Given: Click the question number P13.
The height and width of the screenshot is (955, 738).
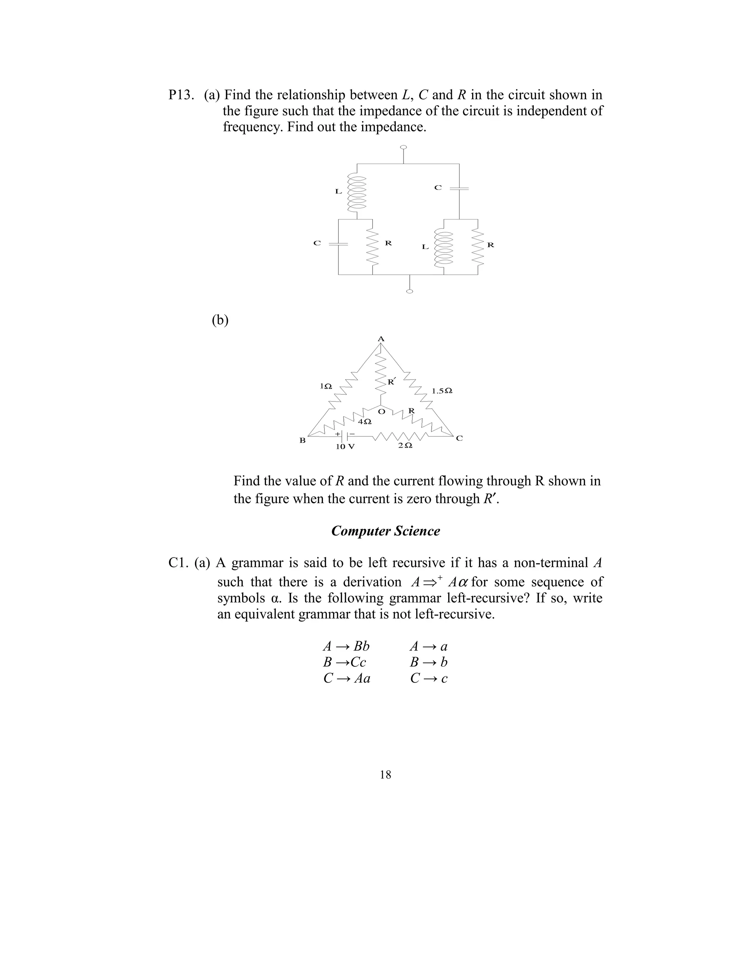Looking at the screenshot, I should [181, 95].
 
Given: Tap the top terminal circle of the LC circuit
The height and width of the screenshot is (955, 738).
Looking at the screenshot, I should [404, 147].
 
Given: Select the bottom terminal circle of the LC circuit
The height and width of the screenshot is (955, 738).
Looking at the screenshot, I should [409, 291].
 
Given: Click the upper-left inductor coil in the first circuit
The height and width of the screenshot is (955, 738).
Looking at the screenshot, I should [357, 193].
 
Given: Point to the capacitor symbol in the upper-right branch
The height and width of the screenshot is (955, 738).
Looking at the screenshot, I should [459, 189].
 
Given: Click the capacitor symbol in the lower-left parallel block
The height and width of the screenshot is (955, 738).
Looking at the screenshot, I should [338, 244].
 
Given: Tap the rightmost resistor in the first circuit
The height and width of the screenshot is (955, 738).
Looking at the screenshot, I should [478, 247].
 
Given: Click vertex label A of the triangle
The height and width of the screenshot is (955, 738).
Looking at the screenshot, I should [381, 339].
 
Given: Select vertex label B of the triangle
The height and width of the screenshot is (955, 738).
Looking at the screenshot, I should [302, 440].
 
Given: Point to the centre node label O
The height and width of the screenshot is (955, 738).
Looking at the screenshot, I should [381, 412].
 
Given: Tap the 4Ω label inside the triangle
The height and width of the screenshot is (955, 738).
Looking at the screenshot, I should [365, 422].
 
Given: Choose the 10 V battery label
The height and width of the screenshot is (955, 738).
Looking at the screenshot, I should [345, 447].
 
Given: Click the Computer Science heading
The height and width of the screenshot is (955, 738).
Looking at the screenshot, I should [385, 531].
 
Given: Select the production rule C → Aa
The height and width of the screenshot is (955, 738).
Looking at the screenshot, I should [347, 678].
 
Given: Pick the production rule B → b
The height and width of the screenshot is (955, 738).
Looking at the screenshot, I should [428, 662].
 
